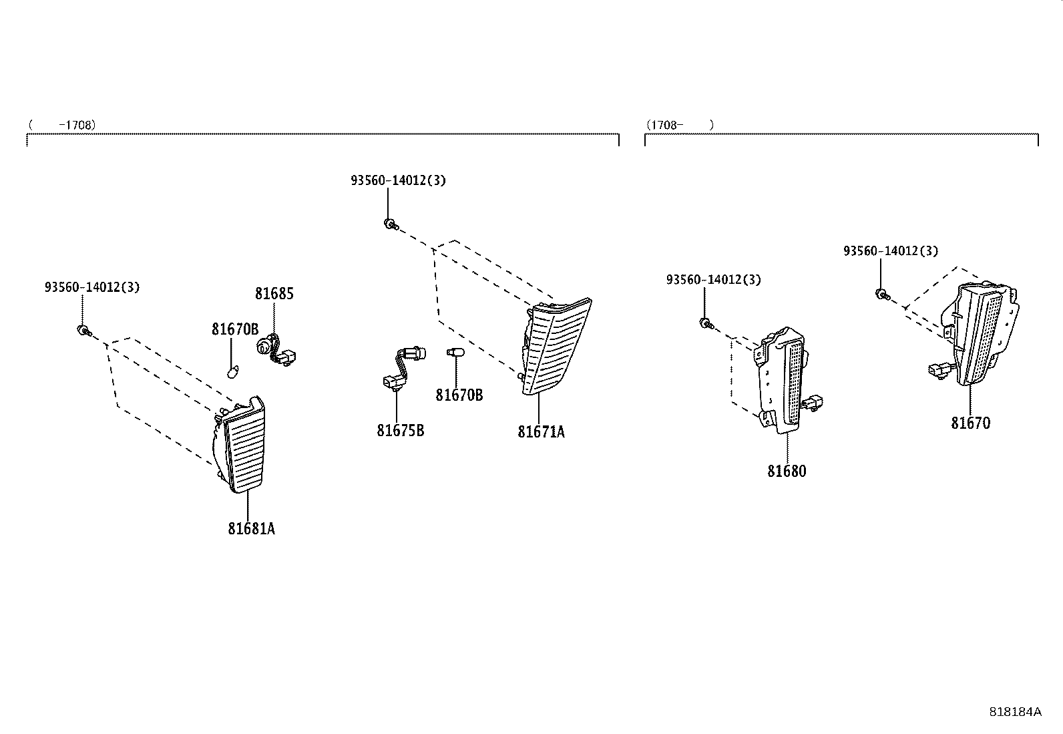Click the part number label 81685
274,294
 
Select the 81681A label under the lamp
252,528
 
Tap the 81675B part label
401,431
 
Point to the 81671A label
541,432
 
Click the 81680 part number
787,471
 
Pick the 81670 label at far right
970,423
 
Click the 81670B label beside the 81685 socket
236,329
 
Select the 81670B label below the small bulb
459,395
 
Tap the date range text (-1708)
62,126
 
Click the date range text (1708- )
680,126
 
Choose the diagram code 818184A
1015,712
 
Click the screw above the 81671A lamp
391,224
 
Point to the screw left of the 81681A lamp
85,331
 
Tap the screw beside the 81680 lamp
706,324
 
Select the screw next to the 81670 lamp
883,295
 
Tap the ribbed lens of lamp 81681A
245,451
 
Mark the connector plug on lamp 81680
813,403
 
